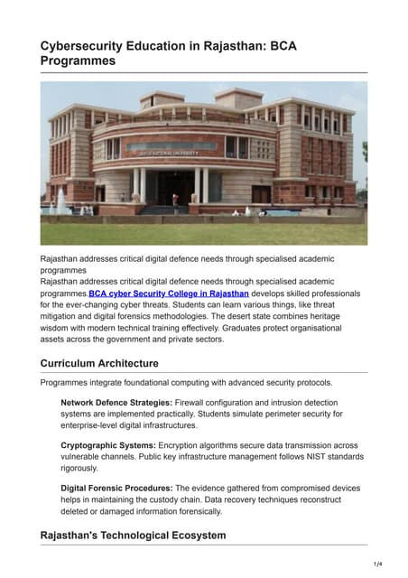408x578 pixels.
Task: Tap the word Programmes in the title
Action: coord(78,61)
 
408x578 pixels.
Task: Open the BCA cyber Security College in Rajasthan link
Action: coord(169,294)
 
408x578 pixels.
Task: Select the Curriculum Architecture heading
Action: coord(99,363)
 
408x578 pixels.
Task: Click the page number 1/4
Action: coord(376,564)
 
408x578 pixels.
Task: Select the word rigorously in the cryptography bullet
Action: coord(80,468)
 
